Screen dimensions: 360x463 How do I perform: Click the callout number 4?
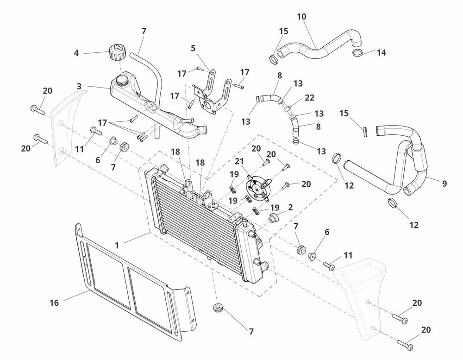(76, 53)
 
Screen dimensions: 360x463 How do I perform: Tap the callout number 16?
(54, 303)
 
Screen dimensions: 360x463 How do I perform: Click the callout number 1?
(117, 245)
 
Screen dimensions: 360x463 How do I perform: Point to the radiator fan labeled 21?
(257, 189)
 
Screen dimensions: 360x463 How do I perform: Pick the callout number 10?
(301, 17)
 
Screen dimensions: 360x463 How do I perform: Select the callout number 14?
(381, 53)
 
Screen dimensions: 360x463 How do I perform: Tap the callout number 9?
(444, 183)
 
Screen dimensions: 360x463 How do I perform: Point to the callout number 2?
(290, 207)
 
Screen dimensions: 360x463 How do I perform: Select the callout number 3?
(79, 86)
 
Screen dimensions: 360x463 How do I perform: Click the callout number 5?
(193, 47)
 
